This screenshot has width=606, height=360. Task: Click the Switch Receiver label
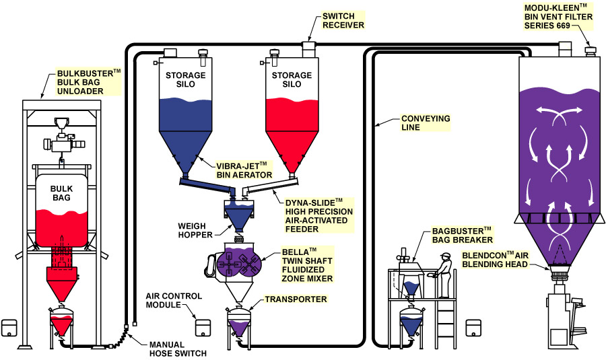click(x=343, y=20)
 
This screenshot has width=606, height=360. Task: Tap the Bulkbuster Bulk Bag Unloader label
click(x=87, y=81)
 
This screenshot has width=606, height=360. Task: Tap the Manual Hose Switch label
click(x=176, y=348)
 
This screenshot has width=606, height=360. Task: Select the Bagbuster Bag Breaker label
click(x=461, y=235)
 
